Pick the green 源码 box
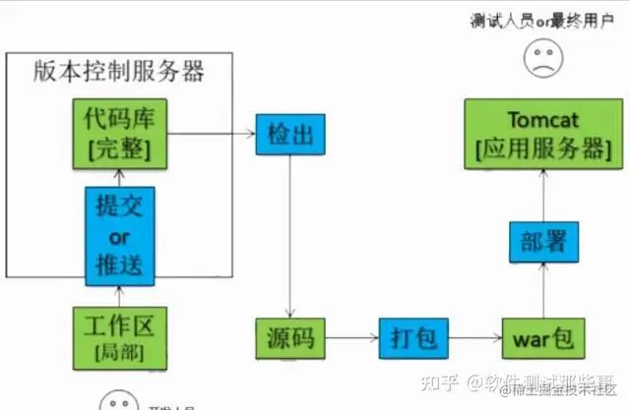click(x=289, y=340)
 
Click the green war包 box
click(x=536, y=340)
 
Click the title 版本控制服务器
click(x=119, y=72)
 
